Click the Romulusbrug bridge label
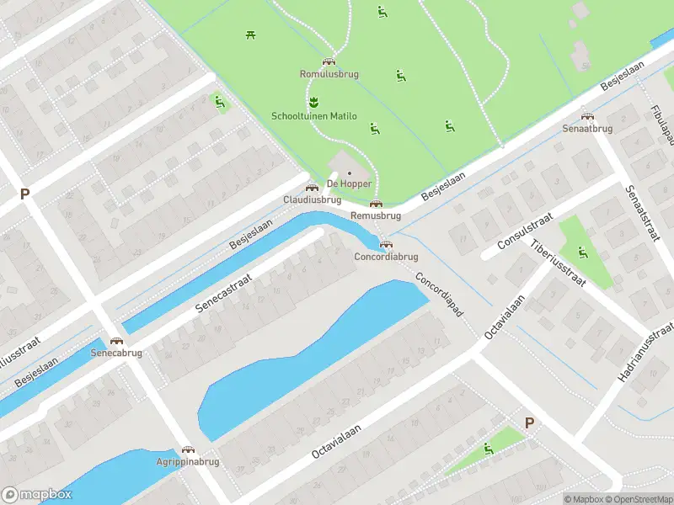pyautogui.click(x=329, y=74)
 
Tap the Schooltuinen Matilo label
pyautogui.click(x=313, y=116)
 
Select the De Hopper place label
pyautogui.click(x=349, y=183)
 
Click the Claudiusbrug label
pyautogui.click(x=312, y=200)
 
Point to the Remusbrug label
pyautogui.click(x=375, y=215)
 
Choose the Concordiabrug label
pyautogui.click(x=386, y=256)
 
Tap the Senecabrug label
pyautogui.click(x=116, y=353)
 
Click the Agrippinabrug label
pyautogui.click(x=187, y=462)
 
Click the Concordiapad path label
pyautogui.click(x=438, y=295)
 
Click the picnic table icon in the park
pyautogui.click(x=251, y=35)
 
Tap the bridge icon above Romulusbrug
pyautogui.click(x=329, y=61)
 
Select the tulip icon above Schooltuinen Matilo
pyautogui.click(x=314, y=103)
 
